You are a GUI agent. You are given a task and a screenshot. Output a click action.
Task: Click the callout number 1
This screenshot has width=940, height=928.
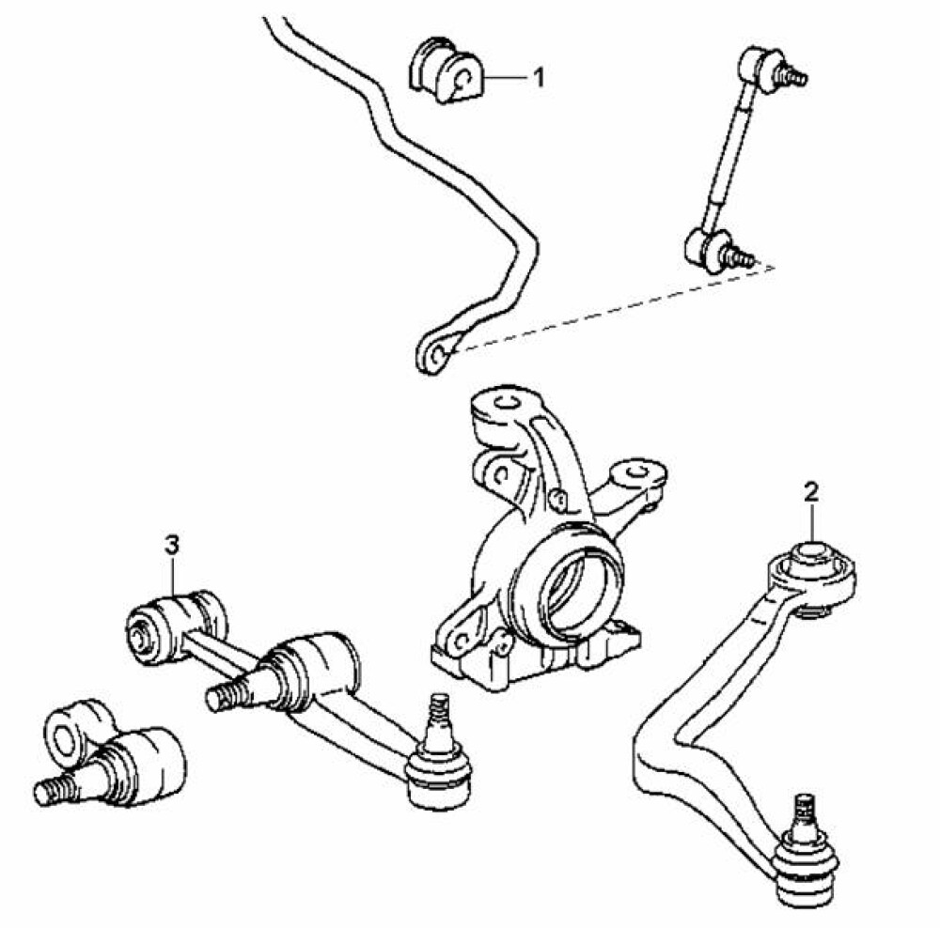tap(540, 77)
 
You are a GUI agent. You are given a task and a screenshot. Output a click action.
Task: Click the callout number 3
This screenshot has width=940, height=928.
tap(172, 545)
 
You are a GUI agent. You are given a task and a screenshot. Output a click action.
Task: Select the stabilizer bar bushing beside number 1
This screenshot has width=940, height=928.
tap(446, 70)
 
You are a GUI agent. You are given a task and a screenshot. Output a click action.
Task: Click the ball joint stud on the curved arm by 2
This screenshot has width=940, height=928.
tap(806, 815)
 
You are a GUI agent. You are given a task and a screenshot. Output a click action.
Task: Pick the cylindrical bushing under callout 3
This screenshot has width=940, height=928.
tap(176, 626)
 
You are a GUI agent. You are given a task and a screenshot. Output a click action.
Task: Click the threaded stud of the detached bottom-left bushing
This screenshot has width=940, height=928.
tap(58, 789)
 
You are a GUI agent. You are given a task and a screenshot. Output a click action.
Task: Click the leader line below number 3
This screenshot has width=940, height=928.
tap(173, 577)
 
